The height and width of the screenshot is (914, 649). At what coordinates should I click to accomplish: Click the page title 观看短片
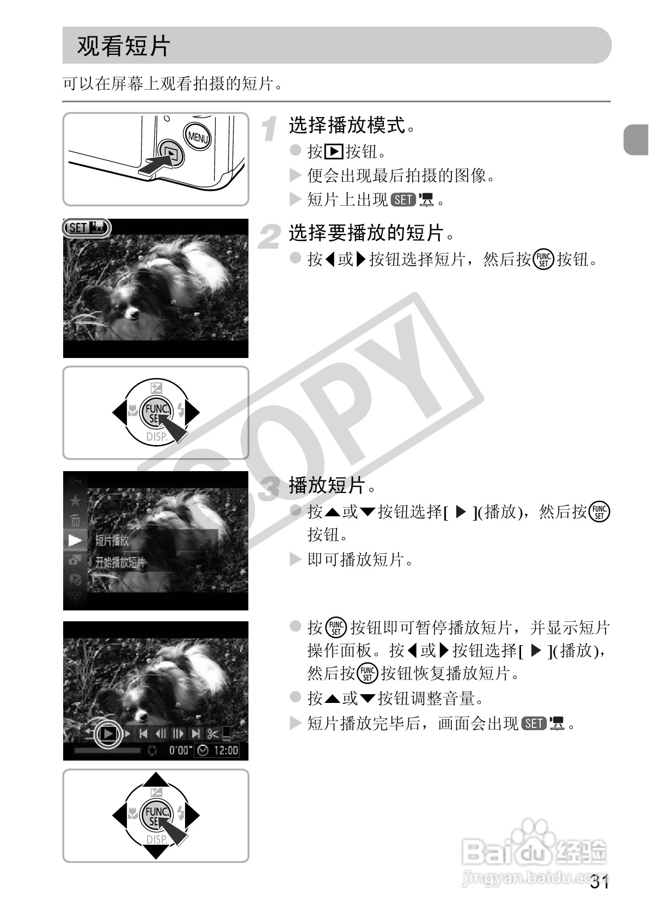tap(124, 46)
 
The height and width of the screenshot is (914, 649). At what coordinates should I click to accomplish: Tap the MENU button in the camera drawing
tap(197, 137)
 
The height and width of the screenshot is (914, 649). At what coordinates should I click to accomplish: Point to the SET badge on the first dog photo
tap(87, 227)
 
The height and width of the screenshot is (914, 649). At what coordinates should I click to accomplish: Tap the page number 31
tap(599, 882)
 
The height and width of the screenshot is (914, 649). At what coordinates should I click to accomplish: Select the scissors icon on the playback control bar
tap(212, 734)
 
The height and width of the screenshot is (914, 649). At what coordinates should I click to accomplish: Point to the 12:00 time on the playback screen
tap(225, 751)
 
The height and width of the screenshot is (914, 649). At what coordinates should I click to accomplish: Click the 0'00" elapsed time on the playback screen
tap(180, 751)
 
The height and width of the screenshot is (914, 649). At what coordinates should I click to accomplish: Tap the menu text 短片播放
tap(112, 540)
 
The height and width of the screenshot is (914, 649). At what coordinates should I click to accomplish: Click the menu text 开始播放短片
tap(120, 563)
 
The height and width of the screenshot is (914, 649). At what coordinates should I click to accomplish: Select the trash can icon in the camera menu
tap(75, 520)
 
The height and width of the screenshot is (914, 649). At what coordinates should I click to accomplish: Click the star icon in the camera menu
tap(75, 501)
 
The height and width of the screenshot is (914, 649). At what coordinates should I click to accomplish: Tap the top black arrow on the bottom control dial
tap(156, 779)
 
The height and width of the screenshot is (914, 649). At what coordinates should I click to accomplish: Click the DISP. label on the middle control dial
tap(156, 436)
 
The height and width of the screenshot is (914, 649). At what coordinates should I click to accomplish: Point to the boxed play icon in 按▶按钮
tap(333, 151)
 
